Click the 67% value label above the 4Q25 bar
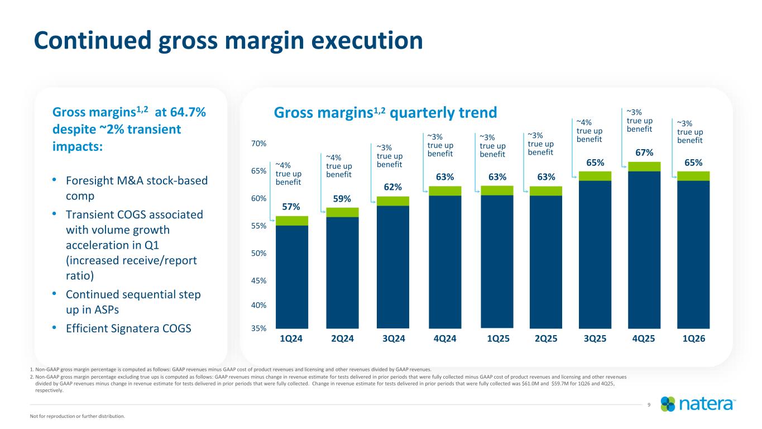coord(644,152)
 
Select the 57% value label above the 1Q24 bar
coord(291,207)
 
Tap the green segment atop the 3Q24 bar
coord(393,201)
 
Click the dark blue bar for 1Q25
coord(497,261)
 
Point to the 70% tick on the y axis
coord(258,144)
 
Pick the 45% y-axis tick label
coord(258,281)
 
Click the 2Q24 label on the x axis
coord(342,339)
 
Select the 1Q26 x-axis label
coord(694,339)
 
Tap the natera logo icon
coord(668,404)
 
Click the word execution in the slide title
coord(367,41)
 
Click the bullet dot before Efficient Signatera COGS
coord(54,327)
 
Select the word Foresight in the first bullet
coord(89,181)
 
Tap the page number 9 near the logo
coord(649,405)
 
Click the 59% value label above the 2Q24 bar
coord(342,199)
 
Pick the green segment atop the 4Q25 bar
coord(644,166)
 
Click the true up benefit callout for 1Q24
coord(288,174)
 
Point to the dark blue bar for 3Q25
coord(595,254)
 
